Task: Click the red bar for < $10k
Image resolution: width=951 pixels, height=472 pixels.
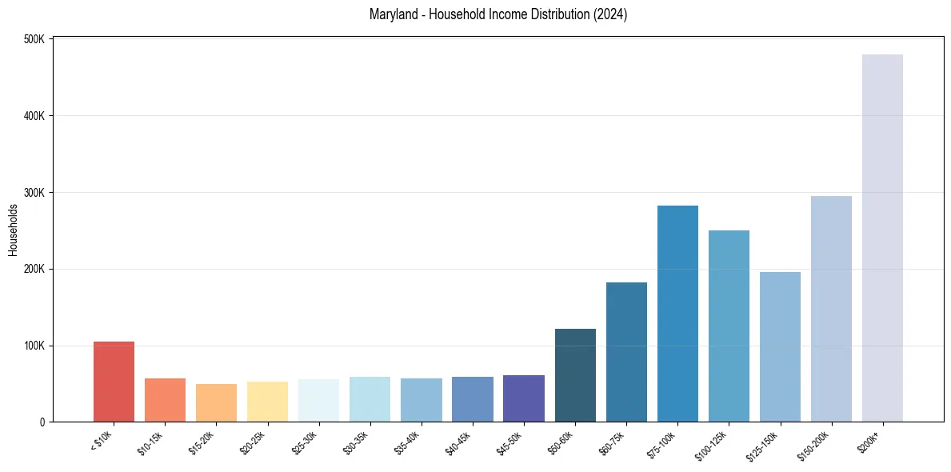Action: (114, 382)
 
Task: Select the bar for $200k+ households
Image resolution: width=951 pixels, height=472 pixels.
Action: (882, 238)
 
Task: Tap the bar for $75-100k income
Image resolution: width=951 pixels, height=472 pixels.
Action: (677, 314)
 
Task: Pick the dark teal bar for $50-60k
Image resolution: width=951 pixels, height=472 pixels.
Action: (575, 375)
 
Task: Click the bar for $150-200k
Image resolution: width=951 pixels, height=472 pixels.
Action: (831, 309)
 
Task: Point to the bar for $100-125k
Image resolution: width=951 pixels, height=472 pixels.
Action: (729, 326)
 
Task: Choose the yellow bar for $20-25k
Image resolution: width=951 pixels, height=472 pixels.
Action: (267, 402)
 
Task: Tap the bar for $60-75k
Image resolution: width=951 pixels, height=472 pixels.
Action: (626, 352)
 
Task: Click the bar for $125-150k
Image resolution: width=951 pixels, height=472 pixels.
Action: (780, 347)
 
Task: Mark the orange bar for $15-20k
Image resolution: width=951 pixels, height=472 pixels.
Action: (216, 402)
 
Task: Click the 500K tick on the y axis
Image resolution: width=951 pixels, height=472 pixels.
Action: (34, 39)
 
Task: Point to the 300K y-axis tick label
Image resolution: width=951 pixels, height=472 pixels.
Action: (34, 193)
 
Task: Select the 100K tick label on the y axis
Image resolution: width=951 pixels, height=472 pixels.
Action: (34, 346)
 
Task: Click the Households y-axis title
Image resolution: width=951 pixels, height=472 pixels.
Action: (13, 230)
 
